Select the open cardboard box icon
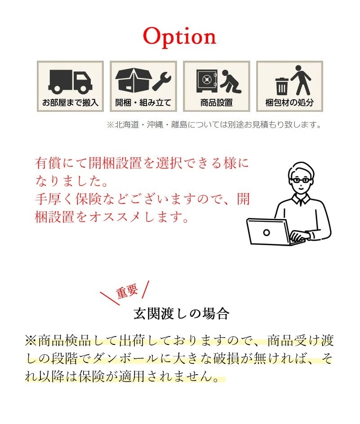(x=133, y=80)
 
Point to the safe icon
(x=207, y=81)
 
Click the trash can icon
(x=282, y=86)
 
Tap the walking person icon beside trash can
(x=301, y=80)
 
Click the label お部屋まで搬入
(x=70, y=103)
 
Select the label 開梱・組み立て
(x=143, y=103)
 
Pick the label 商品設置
(x=216, y=103)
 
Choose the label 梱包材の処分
(x=289, y=103)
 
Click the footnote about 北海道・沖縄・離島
(x=214, y=125)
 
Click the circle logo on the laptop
(x=267, y=233)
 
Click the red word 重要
(x=127, y=291)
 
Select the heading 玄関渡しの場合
(x=182, y=314)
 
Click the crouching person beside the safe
(x=231, y=81)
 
